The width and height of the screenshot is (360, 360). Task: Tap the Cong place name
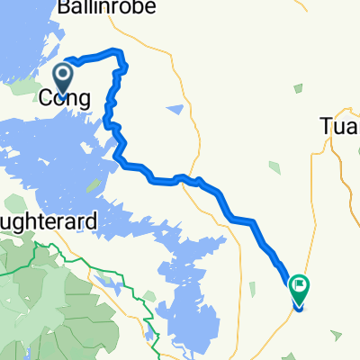click(x=65, y=98)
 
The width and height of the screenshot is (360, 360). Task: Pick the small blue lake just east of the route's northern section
click(x=175, y=110)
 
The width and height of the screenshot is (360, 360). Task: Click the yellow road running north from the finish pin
click(x=310, y=207)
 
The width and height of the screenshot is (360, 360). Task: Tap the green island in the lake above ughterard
click(x=93, y=185)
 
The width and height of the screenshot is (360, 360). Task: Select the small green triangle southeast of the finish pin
click(x=336, y=335)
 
